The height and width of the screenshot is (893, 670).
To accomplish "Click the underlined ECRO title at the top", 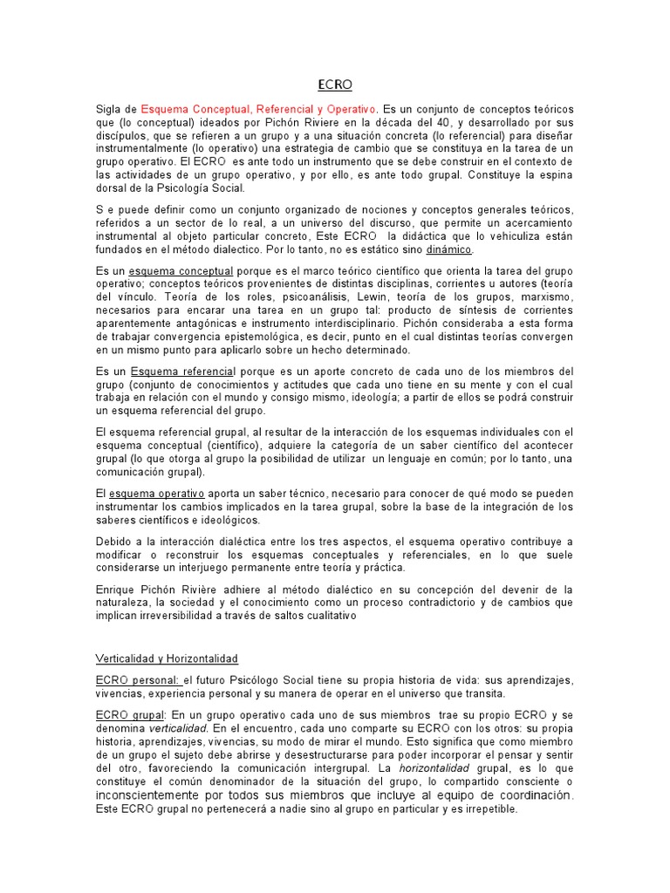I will [x=334, y=85].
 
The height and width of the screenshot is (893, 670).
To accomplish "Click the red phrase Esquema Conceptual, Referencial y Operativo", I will [x=258, y=109].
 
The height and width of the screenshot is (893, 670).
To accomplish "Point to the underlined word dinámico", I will [x=449, y=249].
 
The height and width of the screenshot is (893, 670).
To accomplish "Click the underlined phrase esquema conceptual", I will [x=181, y=270].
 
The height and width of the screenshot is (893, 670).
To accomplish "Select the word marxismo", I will [x=546, y=297].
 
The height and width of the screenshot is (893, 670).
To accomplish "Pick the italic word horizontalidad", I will [x=434, y=767].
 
